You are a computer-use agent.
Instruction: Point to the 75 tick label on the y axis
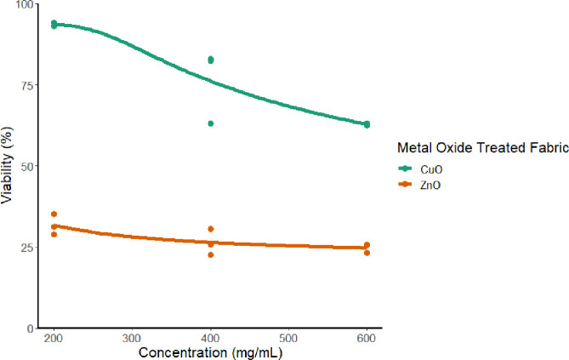coord(26,85)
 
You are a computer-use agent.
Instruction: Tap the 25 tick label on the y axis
coord(26,247)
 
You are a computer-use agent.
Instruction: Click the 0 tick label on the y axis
coord(30,328)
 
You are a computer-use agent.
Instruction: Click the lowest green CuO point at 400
coord(211,123)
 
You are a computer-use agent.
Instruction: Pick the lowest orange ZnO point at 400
coord(211,254)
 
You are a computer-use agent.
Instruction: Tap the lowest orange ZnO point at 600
coord(367,253)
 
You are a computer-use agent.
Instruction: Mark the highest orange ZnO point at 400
coord(211,229)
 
